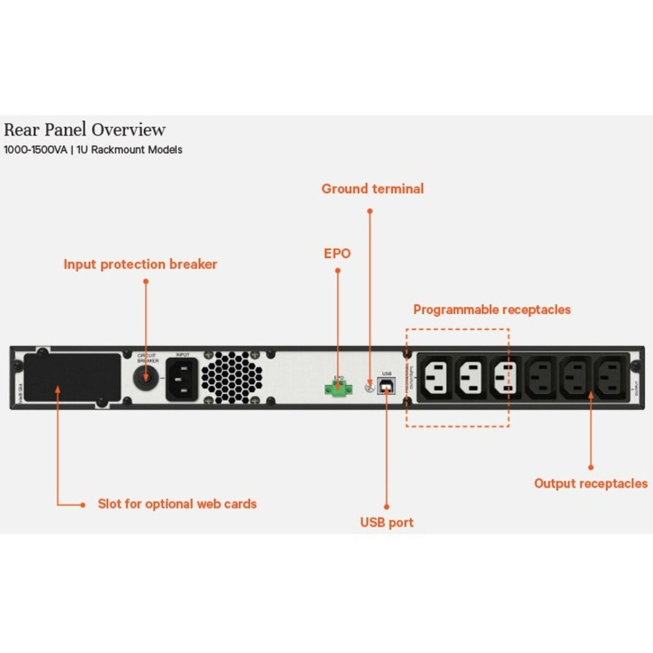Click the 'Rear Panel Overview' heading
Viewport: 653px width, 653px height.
tap(84, 130)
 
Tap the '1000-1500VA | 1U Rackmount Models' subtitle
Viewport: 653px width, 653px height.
tap(93, 150)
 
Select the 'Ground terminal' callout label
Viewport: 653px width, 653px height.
tap(372, 189)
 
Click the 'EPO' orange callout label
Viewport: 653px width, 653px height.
tap(337, 254)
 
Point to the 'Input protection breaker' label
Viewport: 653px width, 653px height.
tap(140, 264)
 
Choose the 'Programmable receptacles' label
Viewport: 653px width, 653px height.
tap(492, 310)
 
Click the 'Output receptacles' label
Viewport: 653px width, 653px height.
tap(590, 483)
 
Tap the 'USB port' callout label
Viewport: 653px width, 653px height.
tap(386, 522)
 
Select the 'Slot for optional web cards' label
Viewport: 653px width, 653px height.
tap(177, 504)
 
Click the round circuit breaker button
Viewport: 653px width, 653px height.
tap(146, 377)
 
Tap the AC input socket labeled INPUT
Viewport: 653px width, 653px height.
tap(182, 379)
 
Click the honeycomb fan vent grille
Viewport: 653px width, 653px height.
tap(232, 377)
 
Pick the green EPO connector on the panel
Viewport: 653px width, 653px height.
tap(336, 388)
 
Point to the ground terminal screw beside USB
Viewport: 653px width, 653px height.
tap(368, 387)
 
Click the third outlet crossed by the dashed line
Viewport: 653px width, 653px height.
tap(505, 377)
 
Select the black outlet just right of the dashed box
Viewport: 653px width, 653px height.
tap(540, 377)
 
